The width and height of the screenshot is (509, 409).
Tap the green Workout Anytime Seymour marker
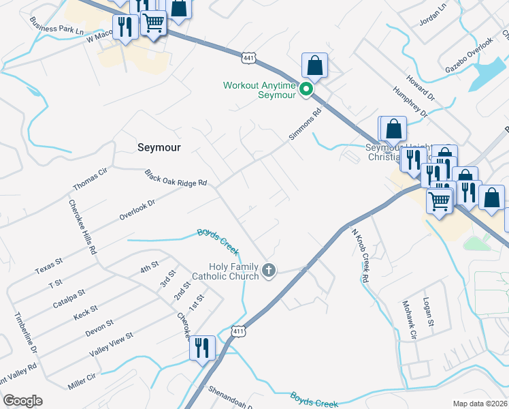(307, 88)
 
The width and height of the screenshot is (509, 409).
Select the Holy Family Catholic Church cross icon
(269, 271)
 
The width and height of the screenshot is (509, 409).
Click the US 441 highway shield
(249, 59)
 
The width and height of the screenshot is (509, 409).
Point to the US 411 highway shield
(237, 331)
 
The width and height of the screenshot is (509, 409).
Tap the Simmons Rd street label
(304, 126)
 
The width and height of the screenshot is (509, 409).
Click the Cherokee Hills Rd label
(81, 227)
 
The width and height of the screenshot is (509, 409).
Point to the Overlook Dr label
(137, 208)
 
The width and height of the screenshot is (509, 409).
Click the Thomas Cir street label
(91, 179)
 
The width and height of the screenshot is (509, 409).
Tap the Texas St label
(49, 266)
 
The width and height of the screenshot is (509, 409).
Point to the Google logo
(22, 401)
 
